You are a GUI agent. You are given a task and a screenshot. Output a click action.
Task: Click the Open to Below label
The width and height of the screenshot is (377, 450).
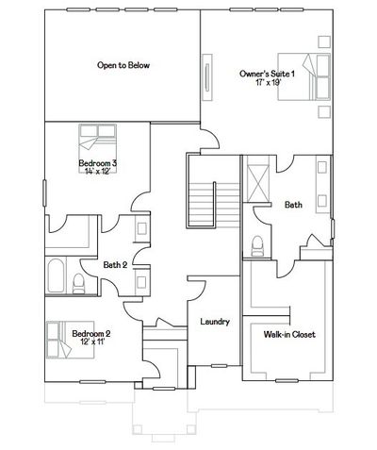pos(123,65)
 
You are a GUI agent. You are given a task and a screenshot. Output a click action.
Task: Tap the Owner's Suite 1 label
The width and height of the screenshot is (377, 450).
pos(267,74)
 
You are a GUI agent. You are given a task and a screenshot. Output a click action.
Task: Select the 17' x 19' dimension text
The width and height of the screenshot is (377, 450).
pos(268,82)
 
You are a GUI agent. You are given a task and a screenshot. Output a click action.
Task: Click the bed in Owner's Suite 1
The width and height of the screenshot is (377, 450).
pos(303,76)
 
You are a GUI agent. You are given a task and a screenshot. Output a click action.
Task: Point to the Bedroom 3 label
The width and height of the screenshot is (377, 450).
pos(98,163)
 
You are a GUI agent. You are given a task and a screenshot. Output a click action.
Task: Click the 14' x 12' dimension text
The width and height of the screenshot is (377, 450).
pos(97,171)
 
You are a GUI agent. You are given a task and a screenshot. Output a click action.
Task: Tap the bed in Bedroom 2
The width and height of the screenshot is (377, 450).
pos(71,340)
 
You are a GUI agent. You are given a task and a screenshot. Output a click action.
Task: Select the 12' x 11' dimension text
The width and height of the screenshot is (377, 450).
pos(92,342)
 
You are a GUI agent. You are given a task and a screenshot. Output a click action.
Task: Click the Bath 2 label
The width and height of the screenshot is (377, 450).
pos(115,265)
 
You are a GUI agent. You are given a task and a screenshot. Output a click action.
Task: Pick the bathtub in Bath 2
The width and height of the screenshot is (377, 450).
pos(57,275)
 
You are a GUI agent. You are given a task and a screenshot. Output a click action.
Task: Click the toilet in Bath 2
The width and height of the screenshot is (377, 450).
pos(78,284)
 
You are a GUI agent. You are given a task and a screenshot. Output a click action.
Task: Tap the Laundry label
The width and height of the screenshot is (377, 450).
pos(215,322)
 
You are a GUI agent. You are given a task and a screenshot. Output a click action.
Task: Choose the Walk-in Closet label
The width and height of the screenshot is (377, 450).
pos(289,334)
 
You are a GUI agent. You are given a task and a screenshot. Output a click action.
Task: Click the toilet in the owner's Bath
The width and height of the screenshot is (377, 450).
pos(257,246)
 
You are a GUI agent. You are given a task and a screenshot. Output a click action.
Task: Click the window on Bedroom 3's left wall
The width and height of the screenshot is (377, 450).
pos(44,193)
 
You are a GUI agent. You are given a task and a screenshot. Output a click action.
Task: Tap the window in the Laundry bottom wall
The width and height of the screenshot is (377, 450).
pos(219,366)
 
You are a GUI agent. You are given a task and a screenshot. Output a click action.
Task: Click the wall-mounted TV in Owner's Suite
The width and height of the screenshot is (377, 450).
pos(207,77)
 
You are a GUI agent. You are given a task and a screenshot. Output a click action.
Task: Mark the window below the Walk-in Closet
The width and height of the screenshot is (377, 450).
pos(287,381)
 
